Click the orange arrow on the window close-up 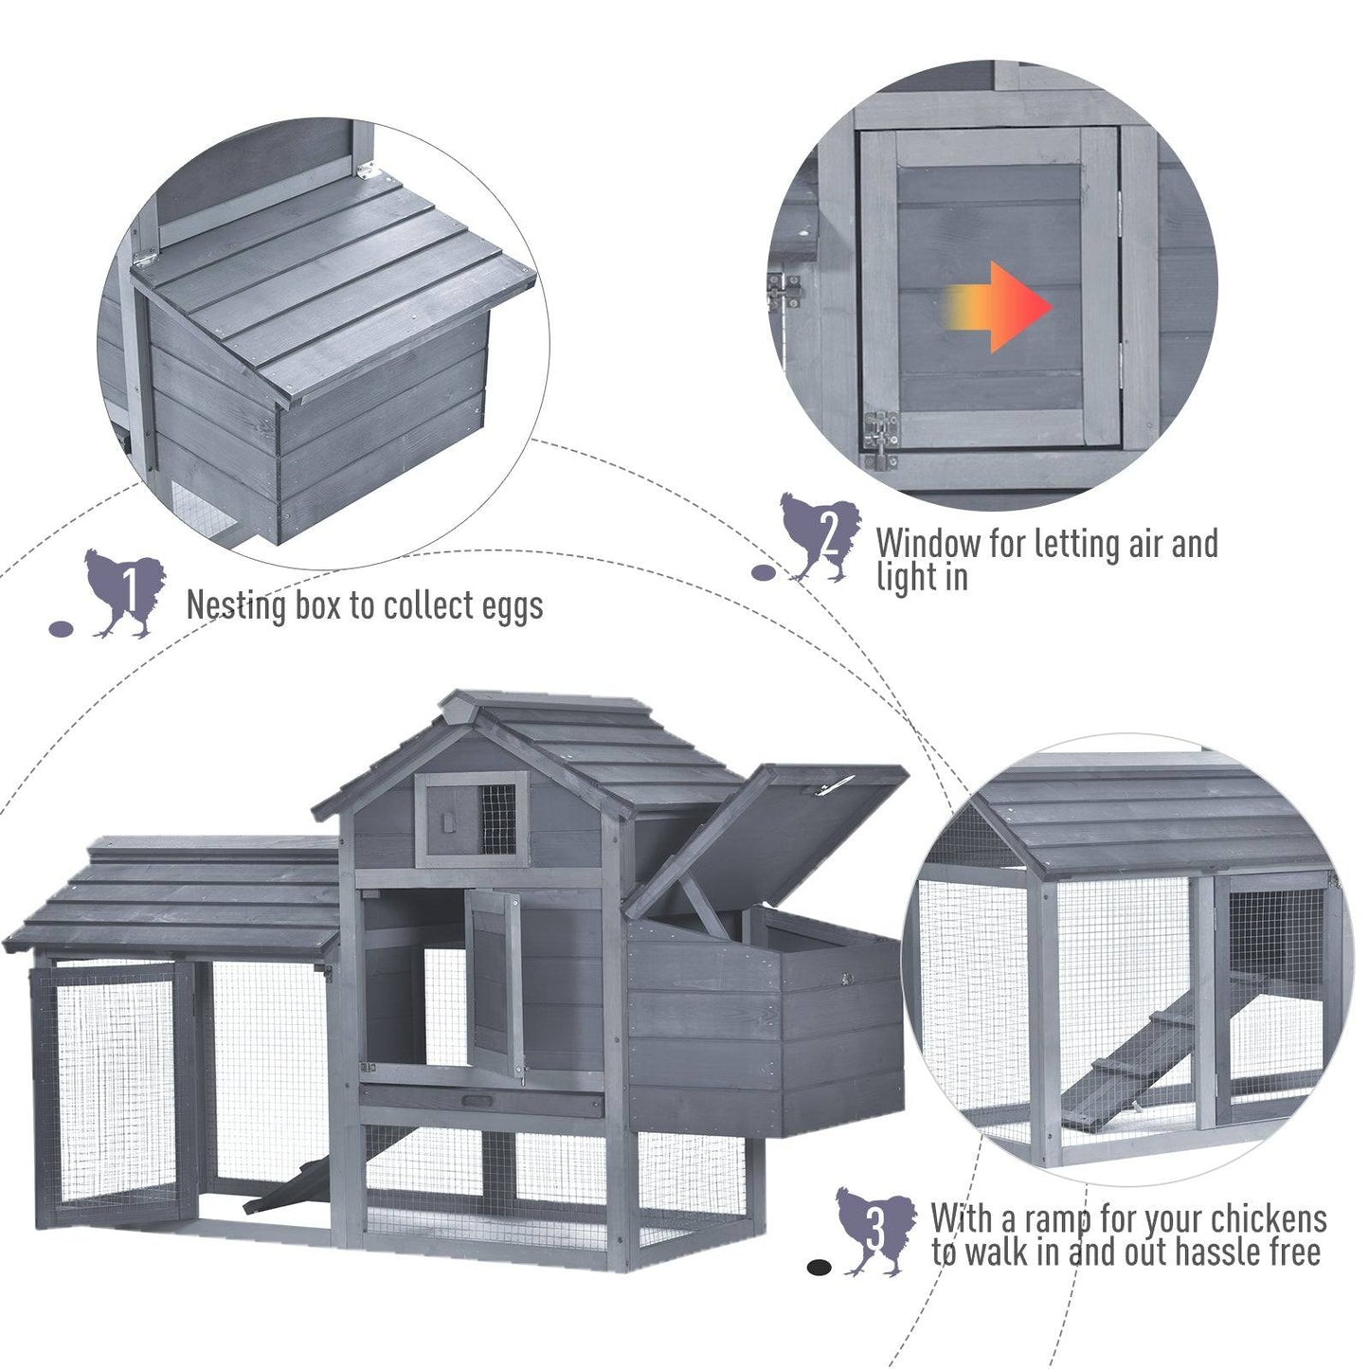click(x=1000, y=307)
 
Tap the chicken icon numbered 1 click(x=124, y=593)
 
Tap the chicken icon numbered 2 click(x=820, y=536)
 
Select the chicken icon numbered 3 click(x=874, y=1231)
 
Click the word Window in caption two click(x=928, y=544)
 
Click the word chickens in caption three click(x=1270, y=1218)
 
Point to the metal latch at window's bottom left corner click(x=880, y=440)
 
